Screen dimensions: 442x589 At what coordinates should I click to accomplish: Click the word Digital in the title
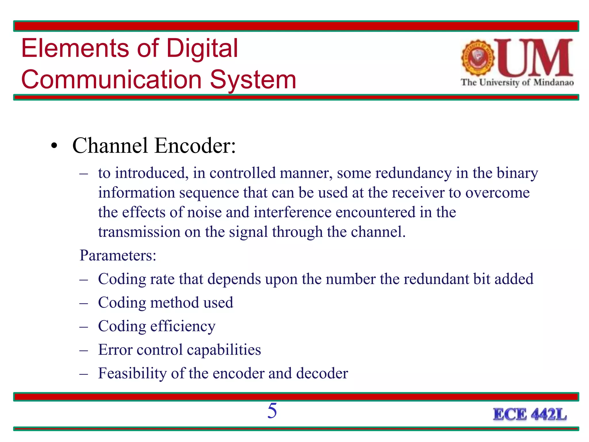coord(202,48)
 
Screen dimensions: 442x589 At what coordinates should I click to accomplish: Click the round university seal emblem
coord(478,58)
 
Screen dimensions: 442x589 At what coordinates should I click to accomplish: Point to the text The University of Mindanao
coord(517,83)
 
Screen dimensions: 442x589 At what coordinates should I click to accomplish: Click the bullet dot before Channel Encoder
coord(54,146)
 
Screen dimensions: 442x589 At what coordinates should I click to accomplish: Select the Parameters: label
coord(118,255)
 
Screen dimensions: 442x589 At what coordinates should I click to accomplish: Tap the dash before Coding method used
coord(83,303)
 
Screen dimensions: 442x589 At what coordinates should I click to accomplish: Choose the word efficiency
coord(183,327)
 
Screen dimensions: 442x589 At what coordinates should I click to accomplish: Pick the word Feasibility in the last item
coord(132,374)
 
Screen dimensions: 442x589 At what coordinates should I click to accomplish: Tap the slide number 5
coord(272,411)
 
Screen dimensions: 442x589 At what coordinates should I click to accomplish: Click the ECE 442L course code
coord(530,415)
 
